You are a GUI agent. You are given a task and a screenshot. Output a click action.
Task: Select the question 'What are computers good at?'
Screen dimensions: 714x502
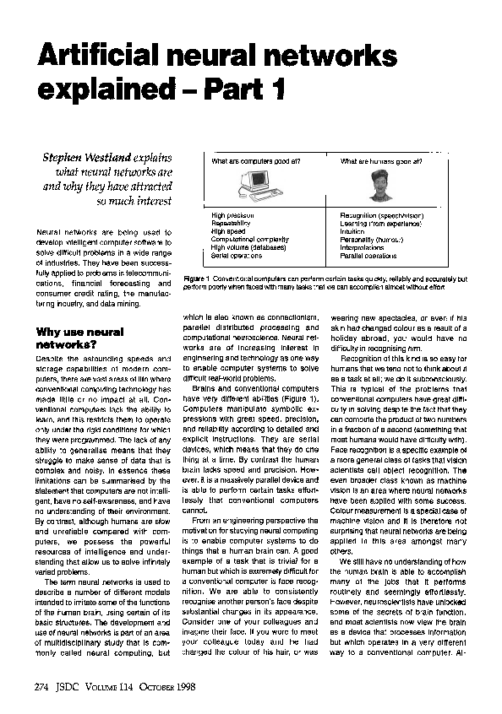pos(256,160)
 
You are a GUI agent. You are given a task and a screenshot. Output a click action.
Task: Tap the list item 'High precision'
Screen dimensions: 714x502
pos(232,215)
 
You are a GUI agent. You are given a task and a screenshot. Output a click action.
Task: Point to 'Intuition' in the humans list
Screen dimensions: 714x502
pos(352,231)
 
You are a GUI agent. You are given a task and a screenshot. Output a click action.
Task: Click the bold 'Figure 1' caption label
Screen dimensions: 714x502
pos(195,278)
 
